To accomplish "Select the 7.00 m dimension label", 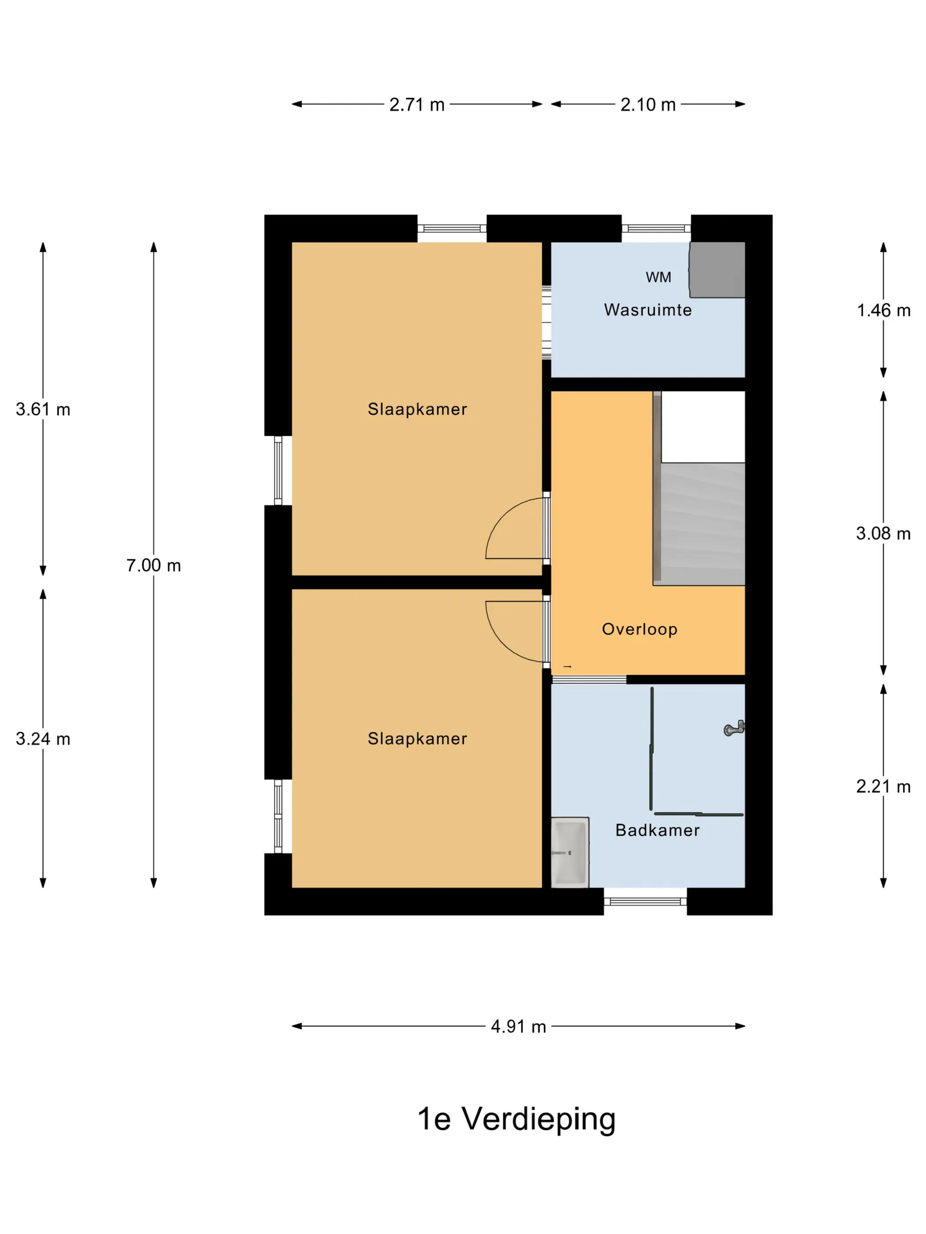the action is pos(153,565).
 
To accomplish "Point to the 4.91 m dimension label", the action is pos(518,1026).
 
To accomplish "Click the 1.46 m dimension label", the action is pos(883,310).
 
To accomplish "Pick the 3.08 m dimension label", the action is pos(883,533).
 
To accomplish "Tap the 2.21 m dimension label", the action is pos(883,786).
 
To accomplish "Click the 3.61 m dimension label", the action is pos(43,409).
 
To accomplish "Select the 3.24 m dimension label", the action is pos(43,739).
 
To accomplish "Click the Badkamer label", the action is pos(657,830).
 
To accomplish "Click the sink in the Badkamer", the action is pos(570,852).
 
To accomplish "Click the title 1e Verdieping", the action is pos(516,1119).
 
